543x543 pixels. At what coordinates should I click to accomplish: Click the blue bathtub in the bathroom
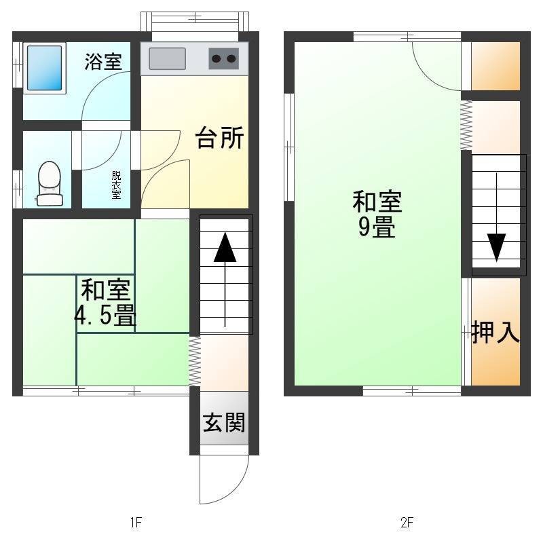pos(44,68)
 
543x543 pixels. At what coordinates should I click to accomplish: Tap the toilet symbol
pos(50,183)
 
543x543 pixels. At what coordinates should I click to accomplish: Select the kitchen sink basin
pos(167,58)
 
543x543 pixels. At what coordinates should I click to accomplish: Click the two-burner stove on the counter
pos(224,58)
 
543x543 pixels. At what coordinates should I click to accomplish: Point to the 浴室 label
pos(103,62)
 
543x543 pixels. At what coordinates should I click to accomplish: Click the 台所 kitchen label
pos(219,138)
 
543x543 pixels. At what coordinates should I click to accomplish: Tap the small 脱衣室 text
pos(116,185)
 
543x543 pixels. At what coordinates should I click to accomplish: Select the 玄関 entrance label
pos(224,422)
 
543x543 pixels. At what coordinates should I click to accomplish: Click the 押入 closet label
pos(495,332)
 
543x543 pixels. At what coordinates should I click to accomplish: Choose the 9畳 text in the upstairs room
pos(377,227)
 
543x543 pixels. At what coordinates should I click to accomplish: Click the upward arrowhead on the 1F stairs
pos(225,247)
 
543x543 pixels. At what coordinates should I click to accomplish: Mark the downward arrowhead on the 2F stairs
pos(497,247)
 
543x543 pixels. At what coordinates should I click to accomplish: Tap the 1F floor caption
pos(136,522)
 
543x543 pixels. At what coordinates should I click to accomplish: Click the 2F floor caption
pos(407,522)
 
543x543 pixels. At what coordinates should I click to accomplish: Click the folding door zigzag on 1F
pos(195,361)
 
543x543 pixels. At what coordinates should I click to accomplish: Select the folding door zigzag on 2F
pos(466,125)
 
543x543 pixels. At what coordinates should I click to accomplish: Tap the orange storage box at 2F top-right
pos(495,66)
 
